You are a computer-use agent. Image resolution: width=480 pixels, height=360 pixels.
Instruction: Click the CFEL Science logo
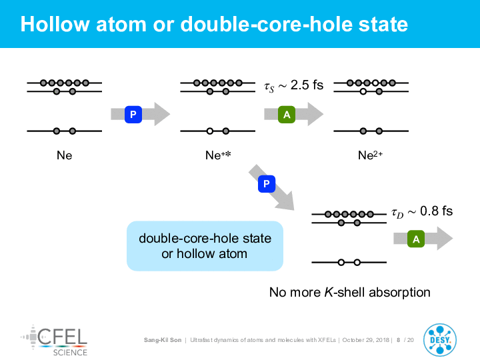pos(54,341)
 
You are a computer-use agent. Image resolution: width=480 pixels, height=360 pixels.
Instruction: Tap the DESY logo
pos(440,340)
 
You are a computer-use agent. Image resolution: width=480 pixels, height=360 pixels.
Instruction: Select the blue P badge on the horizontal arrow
pos(133,115)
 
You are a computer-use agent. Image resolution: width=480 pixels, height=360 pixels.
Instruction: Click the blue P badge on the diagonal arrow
pos(267,184)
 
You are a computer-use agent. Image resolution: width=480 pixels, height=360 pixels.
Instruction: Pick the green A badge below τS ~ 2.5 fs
pos(287,115)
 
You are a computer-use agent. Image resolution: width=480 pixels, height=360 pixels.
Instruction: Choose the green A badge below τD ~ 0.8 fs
pos(416,239)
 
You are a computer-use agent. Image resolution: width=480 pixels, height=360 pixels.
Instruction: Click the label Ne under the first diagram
pos(64,155)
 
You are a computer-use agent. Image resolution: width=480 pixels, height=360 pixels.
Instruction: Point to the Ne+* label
pos(218,155)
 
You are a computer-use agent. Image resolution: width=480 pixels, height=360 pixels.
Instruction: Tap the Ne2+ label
pos(371,155)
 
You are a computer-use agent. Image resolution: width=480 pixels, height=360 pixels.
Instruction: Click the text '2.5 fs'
pos(307,85)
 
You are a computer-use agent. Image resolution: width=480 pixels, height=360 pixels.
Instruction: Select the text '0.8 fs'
pos(436,211)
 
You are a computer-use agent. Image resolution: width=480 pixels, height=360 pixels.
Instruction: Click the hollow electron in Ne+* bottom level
pos(210,131)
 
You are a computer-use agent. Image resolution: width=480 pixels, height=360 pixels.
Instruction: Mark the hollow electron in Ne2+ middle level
pos(363,91)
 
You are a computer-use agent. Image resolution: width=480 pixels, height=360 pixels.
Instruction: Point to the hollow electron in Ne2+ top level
pos(375,83)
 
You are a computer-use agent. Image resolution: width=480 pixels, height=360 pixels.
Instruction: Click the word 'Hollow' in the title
pos(55,24)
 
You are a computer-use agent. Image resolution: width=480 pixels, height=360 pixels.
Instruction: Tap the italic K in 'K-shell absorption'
pos(329,292)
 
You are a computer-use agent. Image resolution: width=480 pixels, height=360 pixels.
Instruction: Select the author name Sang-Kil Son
pos(163,340)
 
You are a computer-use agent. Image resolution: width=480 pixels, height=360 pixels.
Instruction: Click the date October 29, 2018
pos(366,340)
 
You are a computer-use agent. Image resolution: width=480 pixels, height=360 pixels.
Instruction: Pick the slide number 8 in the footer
pos(398,340)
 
